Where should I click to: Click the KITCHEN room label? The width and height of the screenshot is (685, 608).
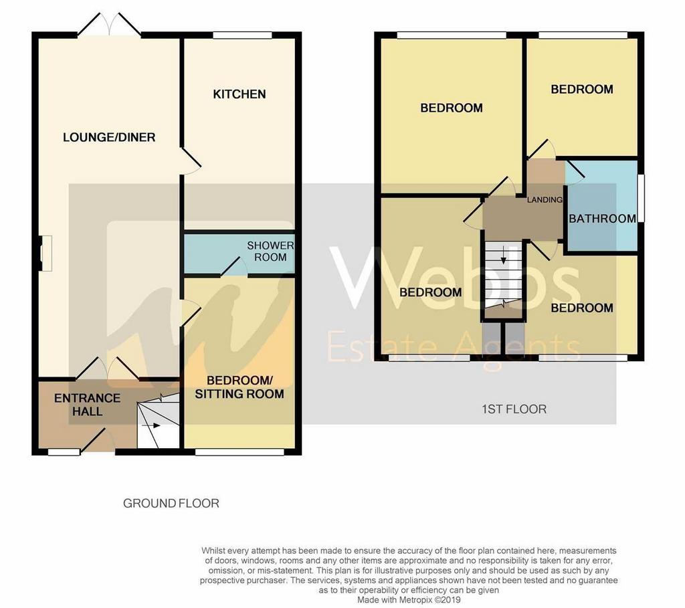pos(239,94)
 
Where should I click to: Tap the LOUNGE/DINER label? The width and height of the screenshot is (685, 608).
pos(109,137)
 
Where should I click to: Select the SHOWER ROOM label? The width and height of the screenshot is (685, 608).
pos(270,251)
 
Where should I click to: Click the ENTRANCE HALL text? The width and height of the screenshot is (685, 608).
pos(88,405)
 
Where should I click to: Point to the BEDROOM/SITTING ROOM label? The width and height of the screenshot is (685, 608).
pos(239,387)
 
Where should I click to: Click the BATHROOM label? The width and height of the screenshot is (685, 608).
pos(603,219)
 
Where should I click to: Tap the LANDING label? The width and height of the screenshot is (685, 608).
pos(545,199)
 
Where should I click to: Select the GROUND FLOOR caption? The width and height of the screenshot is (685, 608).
pos(171,503)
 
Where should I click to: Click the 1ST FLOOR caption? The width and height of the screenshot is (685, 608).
pos(514,409)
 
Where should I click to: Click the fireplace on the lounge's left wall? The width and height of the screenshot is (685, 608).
pos(45,254)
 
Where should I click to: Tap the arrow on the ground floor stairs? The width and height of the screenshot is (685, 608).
pos(155,425)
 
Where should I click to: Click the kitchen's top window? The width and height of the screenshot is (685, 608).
pos(242,35)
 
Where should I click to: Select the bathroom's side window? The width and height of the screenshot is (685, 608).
pos(641,198)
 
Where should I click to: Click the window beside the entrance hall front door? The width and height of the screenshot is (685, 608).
pos(64,452)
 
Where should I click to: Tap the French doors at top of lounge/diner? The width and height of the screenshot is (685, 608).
pos(109,24)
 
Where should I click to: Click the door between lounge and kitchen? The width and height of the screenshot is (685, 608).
pos(189,161)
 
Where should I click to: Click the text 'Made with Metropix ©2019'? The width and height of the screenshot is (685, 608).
pos(409,600)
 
